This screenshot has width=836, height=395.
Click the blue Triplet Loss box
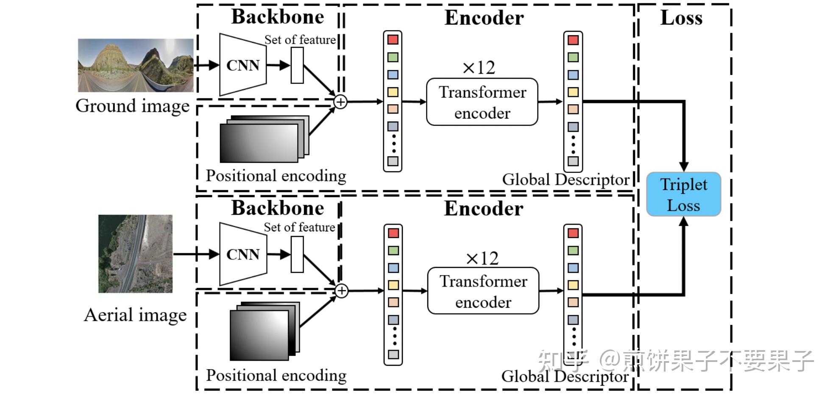(x=683, y=194)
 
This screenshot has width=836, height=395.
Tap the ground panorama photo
(x=136, y=65)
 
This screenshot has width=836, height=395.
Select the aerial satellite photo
(x=135, y=253)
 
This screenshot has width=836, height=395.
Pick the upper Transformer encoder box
(x=482, y=102)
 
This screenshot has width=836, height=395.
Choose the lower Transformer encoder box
(x=483, y=291)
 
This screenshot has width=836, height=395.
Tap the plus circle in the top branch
(x=340, y=102)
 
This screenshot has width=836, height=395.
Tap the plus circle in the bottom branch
(x=341, y=291)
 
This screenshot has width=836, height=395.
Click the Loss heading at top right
(x=681, y=18)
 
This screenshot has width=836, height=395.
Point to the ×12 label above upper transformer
(x=479, y=67)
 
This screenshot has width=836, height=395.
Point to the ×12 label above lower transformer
(x=482, y=258)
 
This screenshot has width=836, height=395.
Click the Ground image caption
(x=132, y=106)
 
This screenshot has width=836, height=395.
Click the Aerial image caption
(x=135, y=315)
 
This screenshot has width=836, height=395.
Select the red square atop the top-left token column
(x=393, y=39)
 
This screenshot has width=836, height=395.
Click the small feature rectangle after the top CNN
(x=297, y=65)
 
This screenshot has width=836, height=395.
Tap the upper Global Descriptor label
(x=566, y=180)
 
